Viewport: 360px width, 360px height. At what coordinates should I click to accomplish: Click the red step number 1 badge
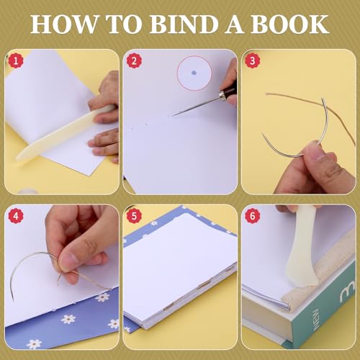point(17,60)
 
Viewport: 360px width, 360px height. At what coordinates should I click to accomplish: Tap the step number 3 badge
point(253,60)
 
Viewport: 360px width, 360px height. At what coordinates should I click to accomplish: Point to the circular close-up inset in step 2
point(192,74)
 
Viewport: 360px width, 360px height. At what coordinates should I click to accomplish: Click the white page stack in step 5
point(180,274)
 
